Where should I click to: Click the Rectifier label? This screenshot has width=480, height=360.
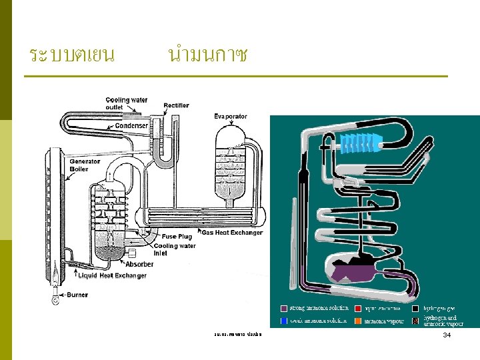coord(176,105)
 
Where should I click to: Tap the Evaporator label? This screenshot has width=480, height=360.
coord(231,117)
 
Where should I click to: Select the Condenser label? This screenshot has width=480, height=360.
coord(131,126)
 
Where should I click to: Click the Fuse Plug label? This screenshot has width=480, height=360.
coord(177,236)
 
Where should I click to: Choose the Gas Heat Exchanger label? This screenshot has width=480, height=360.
coord(232,233)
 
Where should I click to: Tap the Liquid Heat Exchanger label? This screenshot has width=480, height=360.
coord(112,275)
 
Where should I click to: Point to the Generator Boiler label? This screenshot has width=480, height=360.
coord(85,165)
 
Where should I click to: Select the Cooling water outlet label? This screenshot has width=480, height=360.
coord(127,103)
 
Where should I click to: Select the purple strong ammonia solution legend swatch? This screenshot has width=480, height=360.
coord(284,309)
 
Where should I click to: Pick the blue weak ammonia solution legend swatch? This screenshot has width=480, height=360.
coord(284,321)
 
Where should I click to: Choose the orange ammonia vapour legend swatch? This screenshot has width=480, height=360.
coord(358,321)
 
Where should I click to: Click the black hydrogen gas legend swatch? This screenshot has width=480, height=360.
coord(417,309)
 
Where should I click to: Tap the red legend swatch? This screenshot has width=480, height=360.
coord(358,309)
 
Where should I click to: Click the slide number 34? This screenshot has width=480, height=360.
coord(447,334)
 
